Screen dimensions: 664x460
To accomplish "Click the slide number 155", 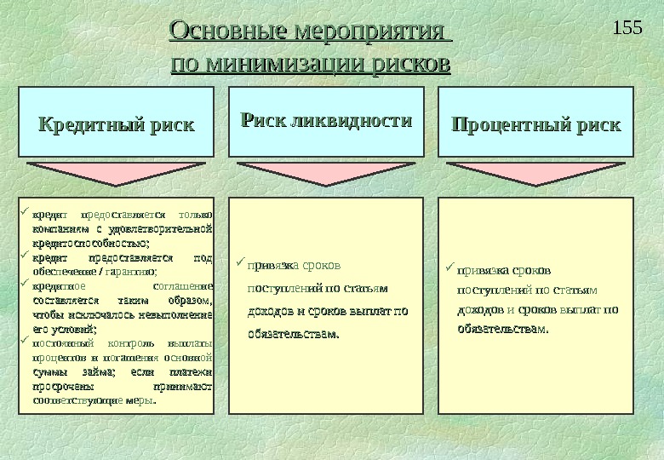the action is click(x=627, y=27).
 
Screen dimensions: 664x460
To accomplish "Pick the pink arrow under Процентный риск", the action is click(x=536, y=173).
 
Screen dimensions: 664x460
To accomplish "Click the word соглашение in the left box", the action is click(x=187, y=285).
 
